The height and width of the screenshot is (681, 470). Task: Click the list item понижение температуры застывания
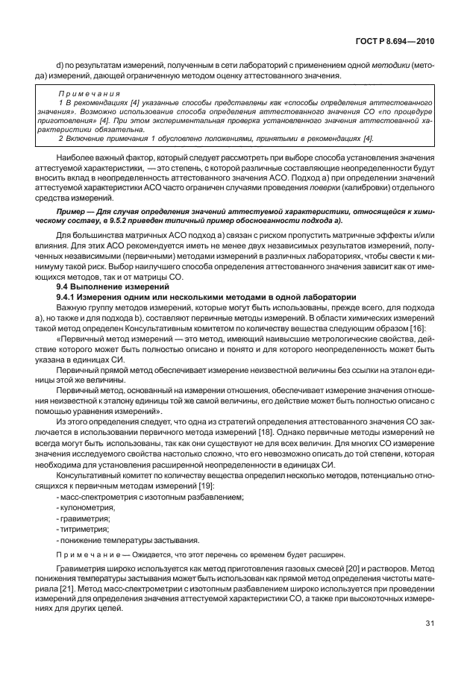pyautogui.click(x=125, y=541)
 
